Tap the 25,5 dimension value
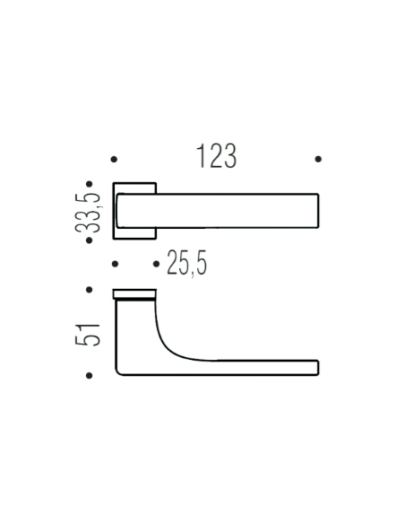click(186, 264)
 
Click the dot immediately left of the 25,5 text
click(157, 264)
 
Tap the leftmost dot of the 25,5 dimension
click(114, 264)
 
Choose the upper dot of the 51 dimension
click(90, 290)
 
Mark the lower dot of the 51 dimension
click(90, 375)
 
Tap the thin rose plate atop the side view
click(134, 293)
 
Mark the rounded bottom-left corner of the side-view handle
click(120, 370)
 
